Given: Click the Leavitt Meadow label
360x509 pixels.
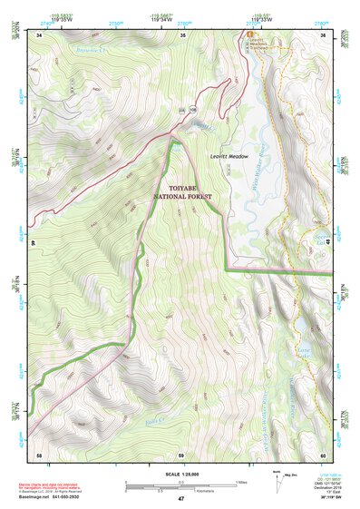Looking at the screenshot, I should (x=229, y=156).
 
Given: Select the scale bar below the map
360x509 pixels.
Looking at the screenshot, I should (x=180, y=483).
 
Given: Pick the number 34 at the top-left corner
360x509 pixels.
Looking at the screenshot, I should (x=39, y=34).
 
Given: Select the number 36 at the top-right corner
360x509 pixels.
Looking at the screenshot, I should (x=323, y=34).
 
